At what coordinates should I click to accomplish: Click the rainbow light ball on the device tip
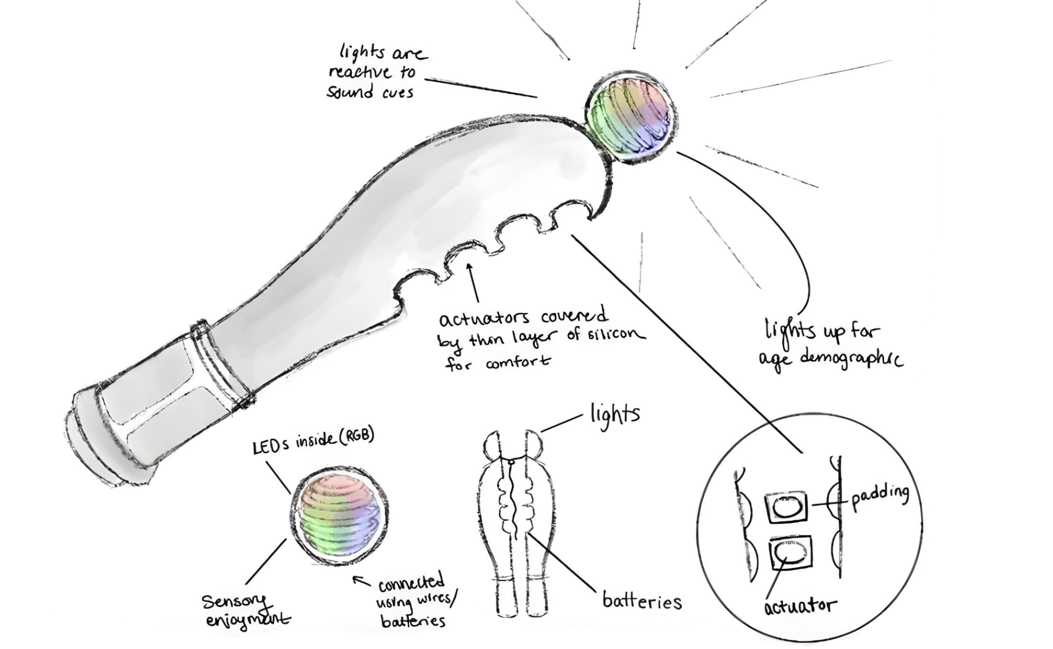630,114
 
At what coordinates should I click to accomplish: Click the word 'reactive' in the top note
360,72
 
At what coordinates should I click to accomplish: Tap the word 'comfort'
518,361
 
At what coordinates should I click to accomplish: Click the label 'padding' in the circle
879,495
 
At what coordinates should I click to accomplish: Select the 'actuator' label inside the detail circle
800,606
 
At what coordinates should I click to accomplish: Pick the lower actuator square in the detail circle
790,553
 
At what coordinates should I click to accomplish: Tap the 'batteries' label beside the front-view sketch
642,601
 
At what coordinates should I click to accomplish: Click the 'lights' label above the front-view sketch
615,413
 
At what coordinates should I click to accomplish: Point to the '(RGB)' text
356,437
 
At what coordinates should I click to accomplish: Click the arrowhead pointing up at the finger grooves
470,267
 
